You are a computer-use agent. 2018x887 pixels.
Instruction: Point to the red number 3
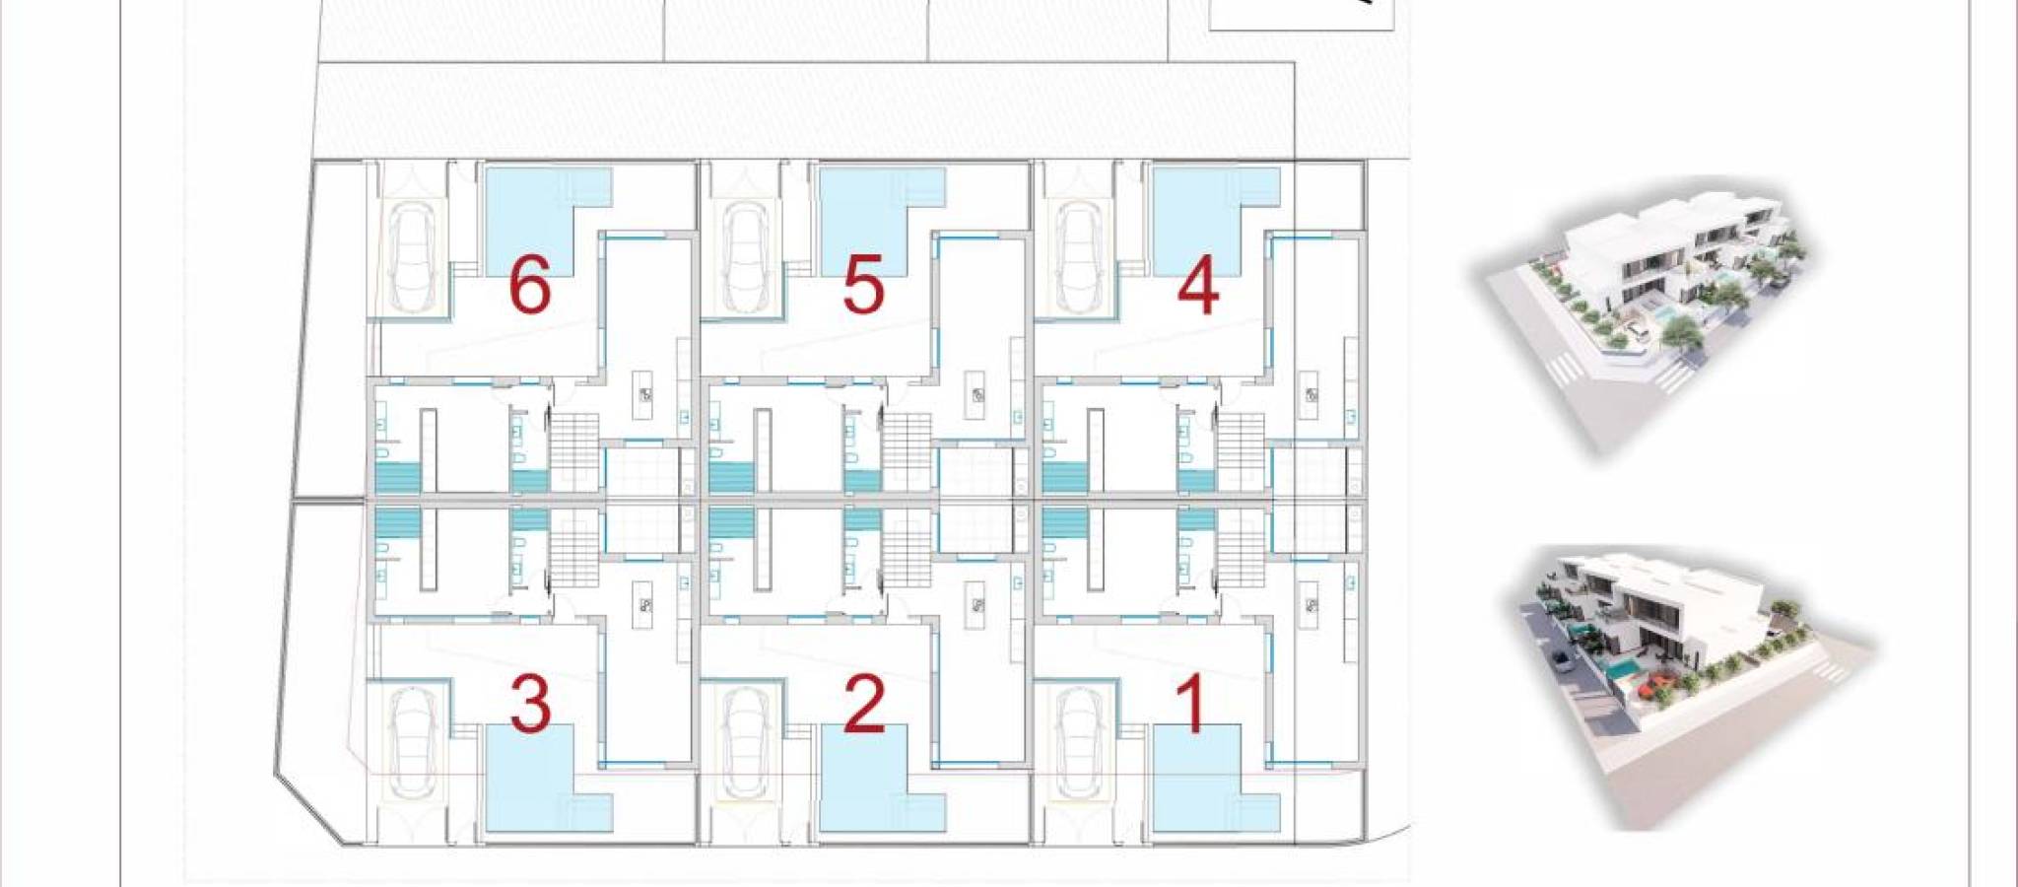530,704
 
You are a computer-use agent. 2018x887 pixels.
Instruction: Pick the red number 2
864,704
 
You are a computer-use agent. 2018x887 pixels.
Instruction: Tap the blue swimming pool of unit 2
867,784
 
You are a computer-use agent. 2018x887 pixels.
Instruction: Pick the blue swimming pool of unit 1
1200,784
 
